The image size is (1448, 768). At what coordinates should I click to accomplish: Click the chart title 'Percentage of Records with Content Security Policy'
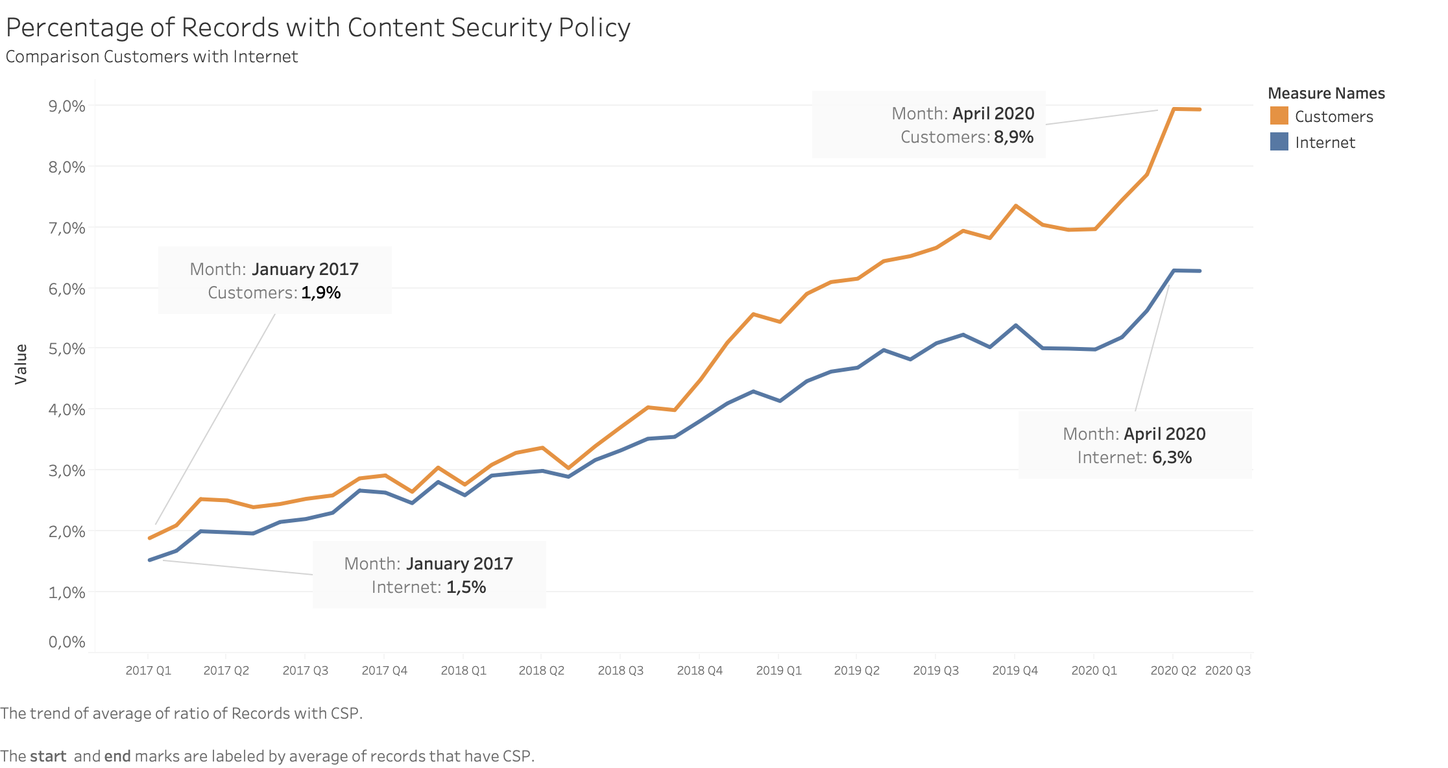click(x=318, y=28)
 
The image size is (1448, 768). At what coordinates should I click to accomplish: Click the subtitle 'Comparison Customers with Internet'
click(x=151, y=57)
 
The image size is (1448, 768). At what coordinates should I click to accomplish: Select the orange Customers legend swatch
click(x=1279, y=116)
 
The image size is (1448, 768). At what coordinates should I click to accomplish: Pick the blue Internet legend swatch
click(x=1279, y=142)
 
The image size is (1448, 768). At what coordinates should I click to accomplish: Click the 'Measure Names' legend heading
click(x=1326, y=93)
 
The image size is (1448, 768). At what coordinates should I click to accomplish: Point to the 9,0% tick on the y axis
click(x=67, y=106)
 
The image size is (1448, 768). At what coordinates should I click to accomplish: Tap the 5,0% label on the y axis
click(x=67, y=349)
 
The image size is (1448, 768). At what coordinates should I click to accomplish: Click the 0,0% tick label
click(x=67, y=642)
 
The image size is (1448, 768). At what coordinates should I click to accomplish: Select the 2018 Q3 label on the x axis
click(x=620, y=671)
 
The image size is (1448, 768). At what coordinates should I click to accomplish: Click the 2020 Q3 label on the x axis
click(x=1227, y=671)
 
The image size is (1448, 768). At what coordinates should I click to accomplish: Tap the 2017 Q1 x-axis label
click(x=148, y=671)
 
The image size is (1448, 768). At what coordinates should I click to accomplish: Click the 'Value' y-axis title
click(x=21, y=365)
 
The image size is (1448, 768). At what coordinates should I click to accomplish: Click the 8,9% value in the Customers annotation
click(x=1013, y=137)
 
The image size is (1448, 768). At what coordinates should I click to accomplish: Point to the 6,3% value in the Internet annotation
click(x=1172, y=457)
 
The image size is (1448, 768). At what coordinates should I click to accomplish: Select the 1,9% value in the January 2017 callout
click(x=320, y=293)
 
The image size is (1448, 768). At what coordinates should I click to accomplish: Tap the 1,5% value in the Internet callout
click(x=466, y=587)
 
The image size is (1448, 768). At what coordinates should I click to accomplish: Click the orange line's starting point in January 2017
click(x=150, y=538)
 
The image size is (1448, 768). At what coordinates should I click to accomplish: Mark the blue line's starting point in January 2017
click(x=150, y=560)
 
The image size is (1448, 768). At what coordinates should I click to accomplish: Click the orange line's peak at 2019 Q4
click(x=1015, y=206)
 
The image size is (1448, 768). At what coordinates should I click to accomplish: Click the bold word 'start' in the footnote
click(x=48, y=756)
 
